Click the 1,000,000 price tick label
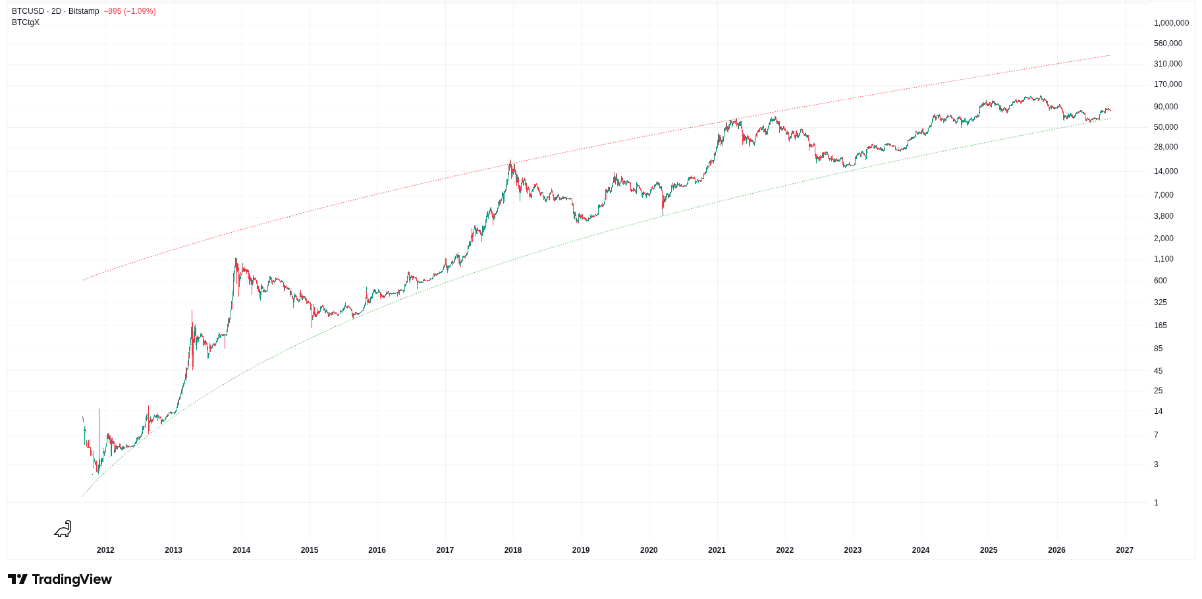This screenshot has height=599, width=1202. coord(1171,23)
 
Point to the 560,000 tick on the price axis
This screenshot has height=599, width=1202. coord(1168,43)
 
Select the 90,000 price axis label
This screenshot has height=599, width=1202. coord(1166,107)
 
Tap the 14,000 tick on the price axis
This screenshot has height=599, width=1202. coord(1166,171)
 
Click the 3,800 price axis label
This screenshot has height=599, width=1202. coord(1164,216)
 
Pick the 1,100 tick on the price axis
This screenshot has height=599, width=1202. coord(1164,259)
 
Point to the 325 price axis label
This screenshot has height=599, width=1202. coord(1161,302)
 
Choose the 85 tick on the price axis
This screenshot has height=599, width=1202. coord(1159,349)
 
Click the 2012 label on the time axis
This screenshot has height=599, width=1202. coord(105,550)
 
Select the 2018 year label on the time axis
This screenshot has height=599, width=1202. coord(513,550)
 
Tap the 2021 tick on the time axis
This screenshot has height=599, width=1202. coord(717,550)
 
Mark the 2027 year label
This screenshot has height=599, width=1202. coord(1125,550)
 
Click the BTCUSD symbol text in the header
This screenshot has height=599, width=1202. coord(28,11)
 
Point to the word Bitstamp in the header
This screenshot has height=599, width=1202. coord(84,11)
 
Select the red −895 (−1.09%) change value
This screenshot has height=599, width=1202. coord(130,11)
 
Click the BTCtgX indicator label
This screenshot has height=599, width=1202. coord(26,22)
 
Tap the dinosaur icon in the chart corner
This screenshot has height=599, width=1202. coord(63,528)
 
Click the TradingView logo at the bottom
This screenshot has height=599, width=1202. coord(60,579)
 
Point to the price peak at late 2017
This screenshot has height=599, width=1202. coord(510,161)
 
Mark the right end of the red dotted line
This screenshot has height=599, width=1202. coord(1110,55)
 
